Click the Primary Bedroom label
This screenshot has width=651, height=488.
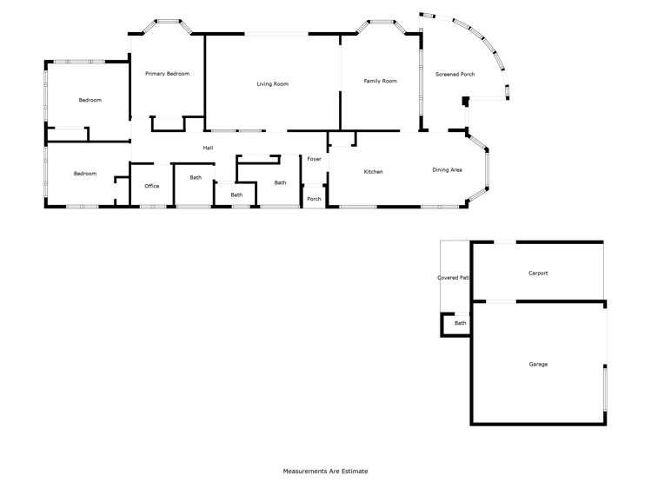(167, 74)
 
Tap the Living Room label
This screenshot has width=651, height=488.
(272, 84)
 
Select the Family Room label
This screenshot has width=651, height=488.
(380, 81)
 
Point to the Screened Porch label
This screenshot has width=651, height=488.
(455, 75)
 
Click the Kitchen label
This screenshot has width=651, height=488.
(373, 172)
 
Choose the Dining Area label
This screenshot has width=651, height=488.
(447, 170)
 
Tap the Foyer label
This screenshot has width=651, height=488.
(314, 159)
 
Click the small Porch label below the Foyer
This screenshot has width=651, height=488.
(314, 199)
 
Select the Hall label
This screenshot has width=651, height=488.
(208, 148)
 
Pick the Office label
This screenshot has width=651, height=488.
(152, 186)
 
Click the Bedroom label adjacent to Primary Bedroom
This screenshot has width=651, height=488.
(90, 101)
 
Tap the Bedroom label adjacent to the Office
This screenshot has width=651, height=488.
(85, 174)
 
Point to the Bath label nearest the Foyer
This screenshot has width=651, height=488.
(280, 182)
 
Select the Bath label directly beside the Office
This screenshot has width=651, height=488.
(196, 178)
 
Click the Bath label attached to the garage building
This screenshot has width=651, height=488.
(460, 323)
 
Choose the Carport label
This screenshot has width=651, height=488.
(538, 273)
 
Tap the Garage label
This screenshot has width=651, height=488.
(538, 364)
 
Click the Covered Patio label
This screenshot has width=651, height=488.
(453, 278)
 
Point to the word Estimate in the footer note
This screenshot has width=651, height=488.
(355, 472)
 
